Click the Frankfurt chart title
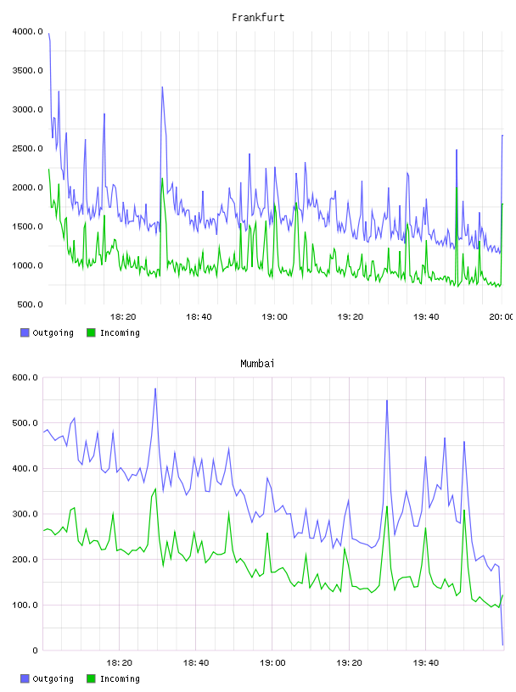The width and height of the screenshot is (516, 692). pyautogui.click(x=258, y=17)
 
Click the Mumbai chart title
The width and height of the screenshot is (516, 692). pyautogui.click(x=257, y=363)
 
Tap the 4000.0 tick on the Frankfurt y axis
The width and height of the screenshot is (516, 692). pyautogui.click(x=27, y=31)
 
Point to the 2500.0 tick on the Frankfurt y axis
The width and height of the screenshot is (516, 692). pyautogui.click(x=27, y=148)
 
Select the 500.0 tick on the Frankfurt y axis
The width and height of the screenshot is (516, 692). pyautogui.click(x=30, y=304)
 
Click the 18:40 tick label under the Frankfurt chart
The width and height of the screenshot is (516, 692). pyautogui.click(x=199, y=316)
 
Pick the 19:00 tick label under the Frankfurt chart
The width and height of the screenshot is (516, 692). pyautogui.click(x=274, y=316)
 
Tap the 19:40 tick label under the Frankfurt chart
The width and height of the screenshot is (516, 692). pyautogui.click(x=426, y=316)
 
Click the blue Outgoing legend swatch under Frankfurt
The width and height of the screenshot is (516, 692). pyautogui.click(x=25, y=332)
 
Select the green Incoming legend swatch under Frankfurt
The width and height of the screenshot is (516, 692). pyautogui.click(x=91, y=332)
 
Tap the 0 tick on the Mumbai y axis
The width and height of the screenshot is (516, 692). pyautogui.click(x=35, y=650)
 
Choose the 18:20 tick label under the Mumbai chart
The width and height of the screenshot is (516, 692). pyautogui.click(x=120, y=662)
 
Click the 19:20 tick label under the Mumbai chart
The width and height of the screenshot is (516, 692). pyautogui.click(x=349, y=662)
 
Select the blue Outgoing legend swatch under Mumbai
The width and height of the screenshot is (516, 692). pyautogui.click(x=25, y=678)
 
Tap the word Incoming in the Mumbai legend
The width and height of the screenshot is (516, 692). pyautogui.click(x=120, y=679)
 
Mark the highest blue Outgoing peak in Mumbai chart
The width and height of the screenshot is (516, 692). pyautogui.click(x=155, y=388)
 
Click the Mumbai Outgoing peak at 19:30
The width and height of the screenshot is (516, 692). pyautogui.click(x=387, y=401)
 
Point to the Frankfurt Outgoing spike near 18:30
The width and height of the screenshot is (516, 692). pyautogui.click(x=162, y=87)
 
